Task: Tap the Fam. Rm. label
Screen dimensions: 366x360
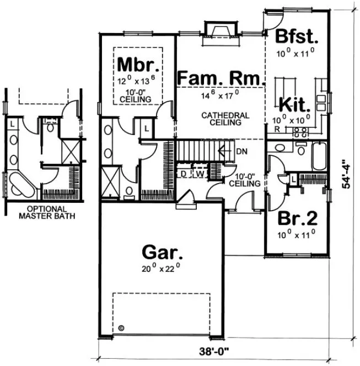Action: point(218,79)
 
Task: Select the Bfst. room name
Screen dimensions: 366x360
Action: point(297,37)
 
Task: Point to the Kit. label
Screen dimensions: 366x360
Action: point(295,104)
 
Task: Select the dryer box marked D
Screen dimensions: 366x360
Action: point(183,173)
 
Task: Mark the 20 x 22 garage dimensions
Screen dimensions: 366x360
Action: point(162,270)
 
